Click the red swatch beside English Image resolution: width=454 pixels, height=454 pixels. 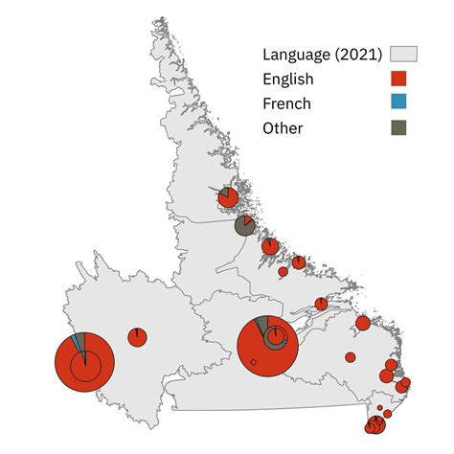point(399,79)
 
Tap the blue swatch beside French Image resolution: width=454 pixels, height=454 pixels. point(399,103)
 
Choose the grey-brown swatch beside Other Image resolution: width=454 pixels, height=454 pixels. point(399,127)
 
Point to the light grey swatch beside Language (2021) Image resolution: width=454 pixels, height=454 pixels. point(399,55)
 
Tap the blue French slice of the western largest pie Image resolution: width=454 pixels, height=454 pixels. point(82,347)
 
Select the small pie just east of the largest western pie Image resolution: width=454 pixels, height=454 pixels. point(137,337)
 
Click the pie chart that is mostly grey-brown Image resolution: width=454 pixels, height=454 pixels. point(244,226)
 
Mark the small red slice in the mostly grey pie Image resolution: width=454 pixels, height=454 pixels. point(249,218)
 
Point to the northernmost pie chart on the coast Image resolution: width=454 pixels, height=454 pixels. point(228,197)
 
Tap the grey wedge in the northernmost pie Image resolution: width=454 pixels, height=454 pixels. point(223,191)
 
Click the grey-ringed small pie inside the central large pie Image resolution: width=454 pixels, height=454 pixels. point(276,337)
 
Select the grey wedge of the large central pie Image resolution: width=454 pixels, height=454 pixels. point(261,323)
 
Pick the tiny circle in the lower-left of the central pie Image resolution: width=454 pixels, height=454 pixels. point(253,361)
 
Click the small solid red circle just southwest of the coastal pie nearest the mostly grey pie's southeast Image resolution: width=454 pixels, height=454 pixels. point(283,272)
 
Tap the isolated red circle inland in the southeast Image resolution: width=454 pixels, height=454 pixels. point(351,357)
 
